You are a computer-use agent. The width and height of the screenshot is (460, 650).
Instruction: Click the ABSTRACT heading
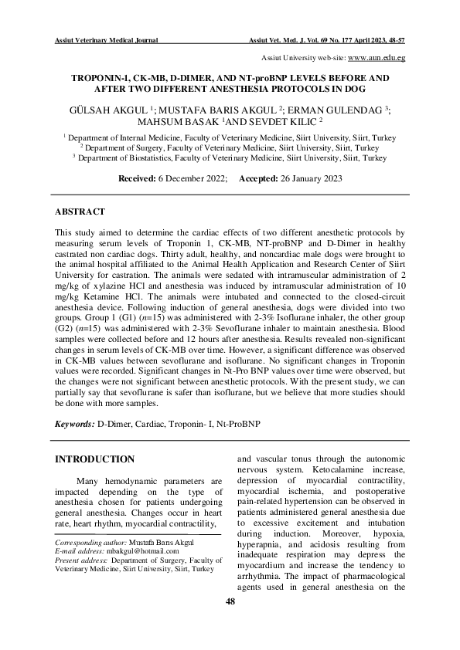coord(80,211)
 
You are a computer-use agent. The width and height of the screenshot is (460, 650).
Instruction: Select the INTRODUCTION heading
coord(94,459)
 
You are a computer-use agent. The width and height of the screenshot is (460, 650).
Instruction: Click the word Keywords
coord(74,425)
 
